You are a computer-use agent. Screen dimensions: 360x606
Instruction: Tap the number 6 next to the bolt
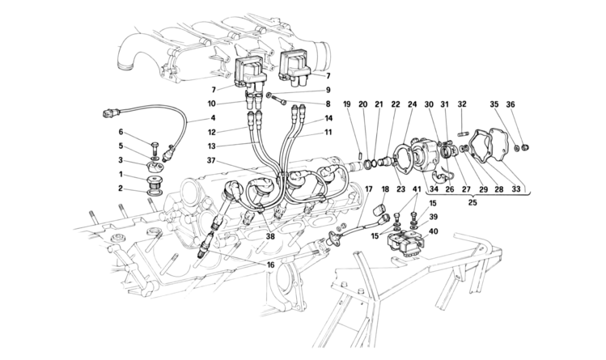tap(122, 132)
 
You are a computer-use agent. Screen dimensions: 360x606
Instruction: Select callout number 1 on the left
tap(122, 174)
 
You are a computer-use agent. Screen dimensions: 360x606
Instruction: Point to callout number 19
tap(345, 104)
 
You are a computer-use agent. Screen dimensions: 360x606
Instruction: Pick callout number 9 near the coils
tap(328, 90)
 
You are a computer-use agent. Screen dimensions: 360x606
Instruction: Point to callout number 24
tap(412, 104)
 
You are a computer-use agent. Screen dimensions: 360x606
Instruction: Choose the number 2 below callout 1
tap(122, 189)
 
